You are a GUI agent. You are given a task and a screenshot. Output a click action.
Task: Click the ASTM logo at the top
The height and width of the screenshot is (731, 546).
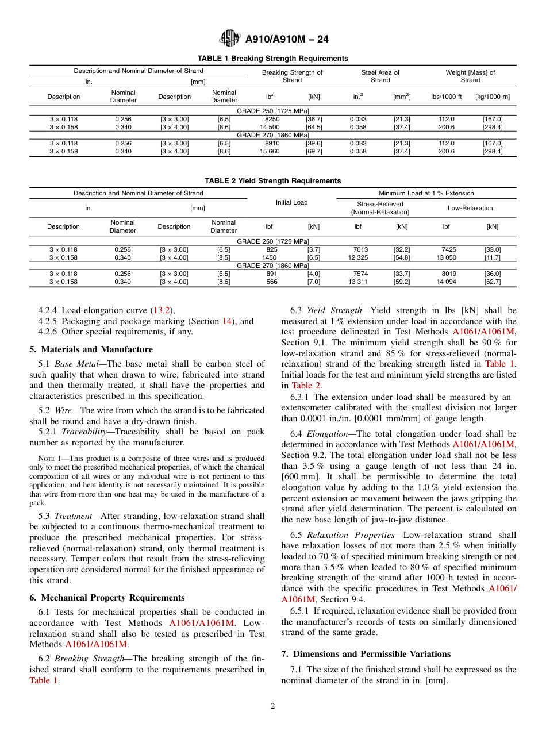(x=230, y=39)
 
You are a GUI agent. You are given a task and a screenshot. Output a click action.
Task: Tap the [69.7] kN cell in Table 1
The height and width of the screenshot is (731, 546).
(x=314, y=151)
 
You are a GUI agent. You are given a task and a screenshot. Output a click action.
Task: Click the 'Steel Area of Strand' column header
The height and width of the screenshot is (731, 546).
(x=380, y=76)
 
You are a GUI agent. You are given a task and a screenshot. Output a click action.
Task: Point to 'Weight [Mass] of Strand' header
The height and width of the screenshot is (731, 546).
(x=470, y=76)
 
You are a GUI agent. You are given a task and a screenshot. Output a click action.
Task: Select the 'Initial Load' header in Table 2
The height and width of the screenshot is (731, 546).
(x=291, y=202)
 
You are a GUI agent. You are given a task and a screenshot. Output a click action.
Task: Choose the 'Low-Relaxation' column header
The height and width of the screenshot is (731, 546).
(x=470, y=208)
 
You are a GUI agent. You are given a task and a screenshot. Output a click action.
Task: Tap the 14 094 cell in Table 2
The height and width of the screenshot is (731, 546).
(x=446, y=282)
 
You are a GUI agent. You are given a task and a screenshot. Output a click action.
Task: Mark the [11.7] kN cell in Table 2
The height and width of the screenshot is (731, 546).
(x=492, y=257)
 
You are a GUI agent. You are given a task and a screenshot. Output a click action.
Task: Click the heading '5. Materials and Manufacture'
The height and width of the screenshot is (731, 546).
(x=91, y=349)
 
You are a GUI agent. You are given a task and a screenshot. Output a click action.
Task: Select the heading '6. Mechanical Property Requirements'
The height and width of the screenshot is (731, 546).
(x=107, y=598)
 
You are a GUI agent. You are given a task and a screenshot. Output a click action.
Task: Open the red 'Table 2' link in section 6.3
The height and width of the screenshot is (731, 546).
(x=306, y=385)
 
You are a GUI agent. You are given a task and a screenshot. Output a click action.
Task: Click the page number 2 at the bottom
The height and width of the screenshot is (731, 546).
(x=273, y=706)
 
